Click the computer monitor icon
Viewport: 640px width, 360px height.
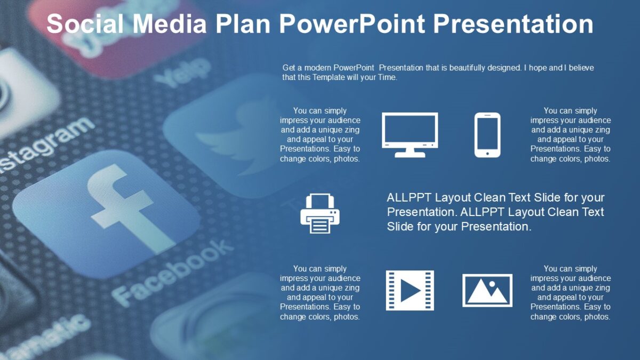tap(410, 134)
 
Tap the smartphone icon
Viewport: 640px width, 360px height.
tap(487, 134)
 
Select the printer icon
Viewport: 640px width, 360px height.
tap(320, 214)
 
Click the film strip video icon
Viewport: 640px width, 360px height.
tap(410, 291)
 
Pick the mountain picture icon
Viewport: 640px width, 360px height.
tap(487, 291)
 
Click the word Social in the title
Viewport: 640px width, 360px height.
tap(85, 24)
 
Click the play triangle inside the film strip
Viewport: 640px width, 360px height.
tap(410, 291)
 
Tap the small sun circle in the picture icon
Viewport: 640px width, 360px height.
tap(492, 284)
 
